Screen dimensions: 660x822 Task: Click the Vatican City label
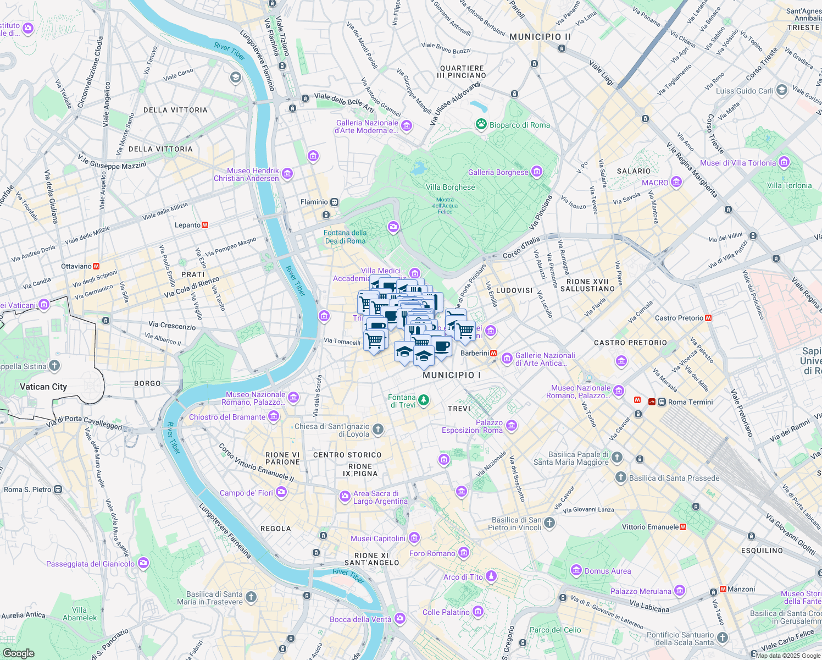coord(43,387)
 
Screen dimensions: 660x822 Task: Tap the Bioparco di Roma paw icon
coord(481,124)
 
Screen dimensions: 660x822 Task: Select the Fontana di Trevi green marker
coord(423,400)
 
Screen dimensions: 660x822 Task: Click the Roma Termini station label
coord(690,402)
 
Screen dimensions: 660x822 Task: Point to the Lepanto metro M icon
coord(205,225)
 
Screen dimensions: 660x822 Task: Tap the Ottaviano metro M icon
coord(96,266)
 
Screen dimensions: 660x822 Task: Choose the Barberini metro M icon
coord(493,353)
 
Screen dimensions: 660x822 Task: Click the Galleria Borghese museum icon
coord(537,172)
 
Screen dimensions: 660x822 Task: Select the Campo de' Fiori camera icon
coord(281,492)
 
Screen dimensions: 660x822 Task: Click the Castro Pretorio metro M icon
coord(708,318)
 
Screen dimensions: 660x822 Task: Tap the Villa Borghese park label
coord(450,187)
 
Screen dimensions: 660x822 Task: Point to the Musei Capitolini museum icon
coord(414,538)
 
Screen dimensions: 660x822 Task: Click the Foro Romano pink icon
coord(464,553)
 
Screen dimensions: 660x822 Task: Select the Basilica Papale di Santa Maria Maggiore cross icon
coord(617,458)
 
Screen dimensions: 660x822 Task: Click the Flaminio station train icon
coord(334,202)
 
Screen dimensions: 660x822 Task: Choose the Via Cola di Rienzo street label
coord(191,288)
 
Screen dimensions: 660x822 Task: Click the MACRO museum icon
coord(676,182)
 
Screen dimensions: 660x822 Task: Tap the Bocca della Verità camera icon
coord(399,619)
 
